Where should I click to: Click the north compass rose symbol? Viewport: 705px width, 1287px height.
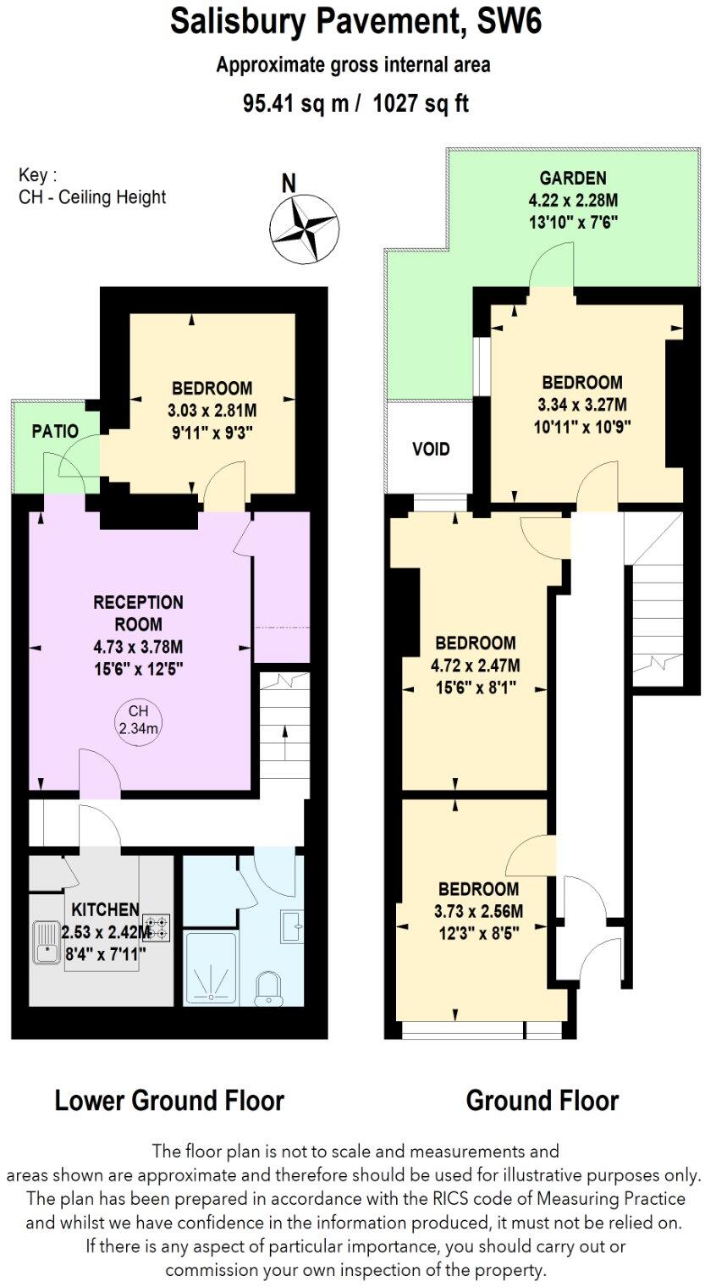click(x=304, y=228)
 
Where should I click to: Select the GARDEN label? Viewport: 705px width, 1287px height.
click(x=573, y=178)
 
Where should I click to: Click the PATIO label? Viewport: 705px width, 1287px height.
click(x=55, y=431)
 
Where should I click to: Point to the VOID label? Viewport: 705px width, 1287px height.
click(x=431, y=449)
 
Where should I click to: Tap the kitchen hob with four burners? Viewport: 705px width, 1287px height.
click(x=157, y=927)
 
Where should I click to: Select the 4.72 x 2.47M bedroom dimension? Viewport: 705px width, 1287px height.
click(x=475, y=664)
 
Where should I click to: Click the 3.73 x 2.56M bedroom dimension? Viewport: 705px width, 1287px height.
click(x=478, y=912)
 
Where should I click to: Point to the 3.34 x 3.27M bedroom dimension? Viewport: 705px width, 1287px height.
click(x=582, y=404)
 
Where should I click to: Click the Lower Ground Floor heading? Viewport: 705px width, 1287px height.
click(x=169, y=1101)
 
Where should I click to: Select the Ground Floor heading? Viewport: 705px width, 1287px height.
click(x=542, y=1101)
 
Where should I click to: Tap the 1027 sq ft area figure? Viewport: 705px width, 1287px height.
click(x=421, y=103)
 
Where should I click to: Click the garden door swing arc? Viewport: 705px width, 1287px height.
click(x=551, y=265)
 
